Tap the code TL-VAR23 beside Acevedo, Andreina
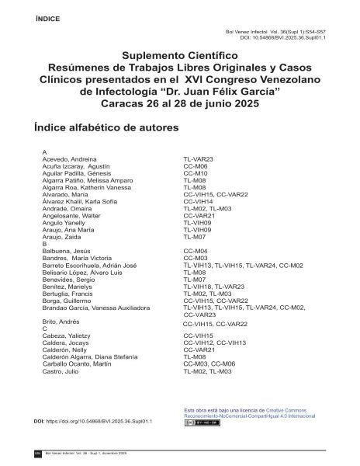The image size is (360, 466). [199, 158]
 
